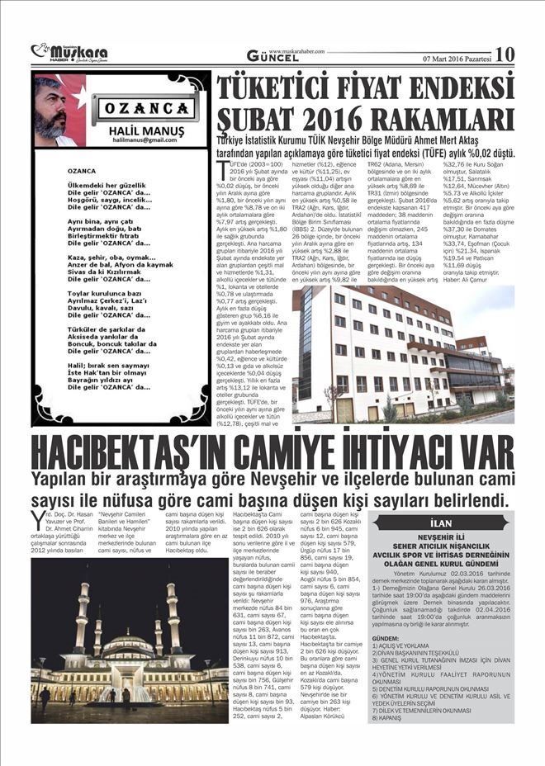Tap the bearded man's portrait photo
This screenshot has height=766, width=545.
coord(59,109)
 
